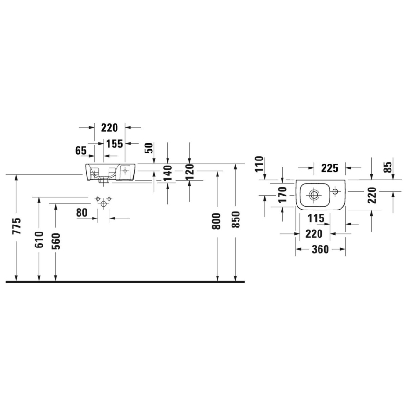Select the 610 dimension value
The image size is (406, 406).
39,239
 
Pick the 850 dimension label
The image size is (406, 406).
235,220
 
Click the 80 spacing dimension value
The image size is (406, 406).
81,213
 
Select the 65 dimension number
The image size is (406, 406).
80,151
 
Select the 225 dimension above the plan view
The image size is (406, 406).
329,167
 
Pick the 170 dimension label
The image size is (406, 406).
283,195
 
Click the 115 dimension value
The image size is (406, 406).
316,218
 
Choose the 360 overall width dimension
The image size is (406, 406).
320,249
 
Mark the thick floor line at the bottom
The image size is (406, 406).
125,282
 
